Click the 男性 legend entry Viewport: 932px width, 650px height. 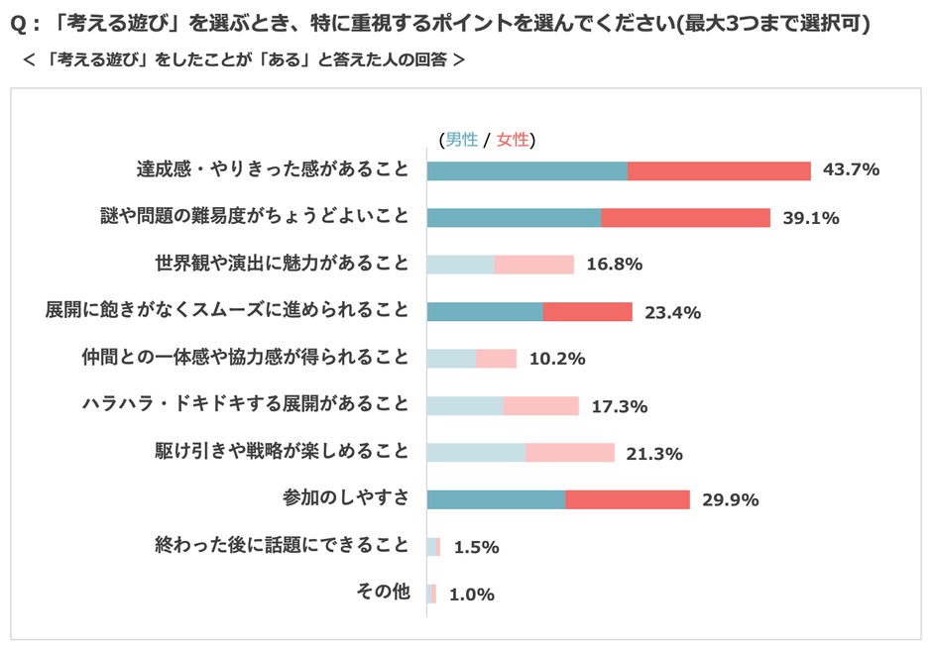(461, 140)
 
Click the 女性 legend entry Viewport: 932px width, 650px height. (513, 140)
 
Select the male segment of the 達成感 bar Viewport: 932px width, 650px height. (527, 170)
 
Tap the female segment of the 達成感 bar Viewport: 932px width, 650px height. (720, 170)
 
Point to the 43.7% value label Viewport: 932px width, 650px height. (851, 169)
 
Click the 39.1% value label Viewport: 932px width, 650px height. (810, 217)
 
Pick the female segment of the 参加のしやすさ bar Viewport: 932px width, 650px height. (628, 499)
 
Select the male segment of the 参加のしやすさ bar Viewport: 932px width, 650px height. (496, 499)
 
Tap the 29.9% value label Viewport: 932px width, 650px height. (730, 499)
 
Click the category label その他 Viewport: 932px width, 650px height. (383, 593)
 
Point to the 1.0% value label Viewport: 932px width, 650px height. (471, 595)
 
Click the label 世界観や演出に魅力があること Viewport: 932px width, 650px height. (282, 264)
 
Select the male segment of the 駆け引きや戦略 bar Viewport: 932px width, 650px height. (476, 453)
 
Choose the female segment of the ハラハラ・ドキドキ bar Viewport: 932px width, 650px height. (541, 405)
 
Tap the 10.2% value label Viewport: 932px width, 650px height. (556, 359)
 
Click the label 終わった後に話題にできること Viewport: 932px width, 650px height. (282, 546)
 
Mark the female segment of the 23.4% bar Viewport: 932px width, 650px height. (588, 311)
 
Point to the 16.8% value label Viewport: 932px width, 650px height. (615, 265)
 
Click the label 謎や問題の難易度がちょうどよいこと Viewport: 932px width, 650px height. (255, 217)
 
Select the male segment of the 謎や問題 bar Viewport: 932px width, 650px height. (514, 217)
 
